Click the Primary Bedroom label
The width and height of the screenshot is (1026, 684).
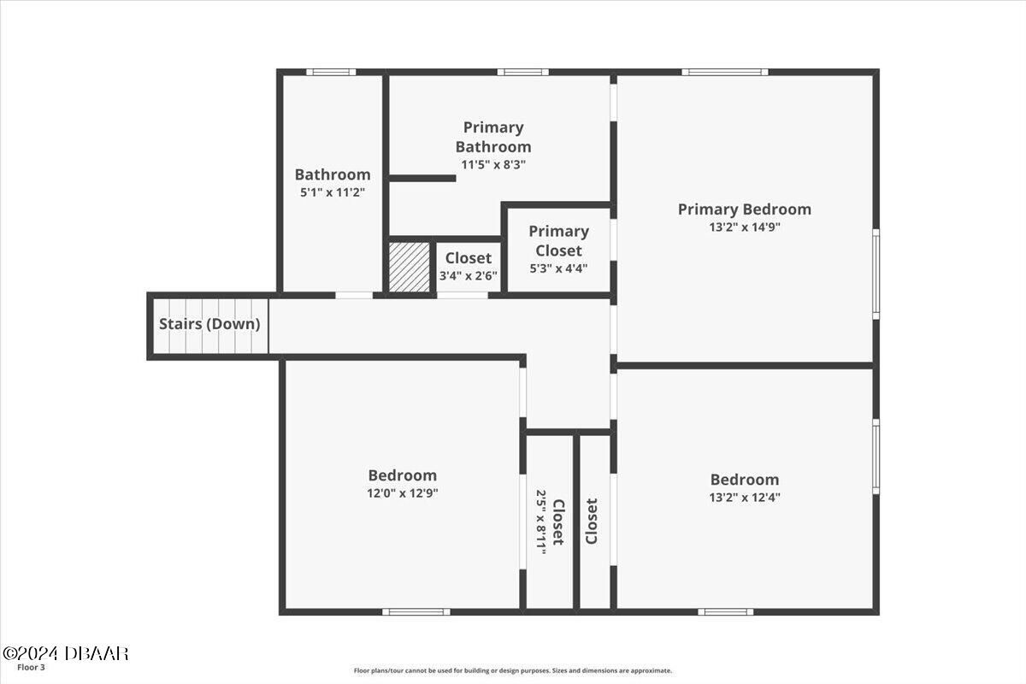(x=744, y=209)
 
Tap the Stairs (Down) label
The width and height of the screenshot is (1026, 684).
(x=209, y=325)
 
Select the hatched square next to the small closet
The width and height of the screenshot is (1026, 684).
(x=410, y=268)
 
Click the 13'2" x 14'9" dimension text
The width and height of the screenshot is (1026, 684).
(x=744, y=228)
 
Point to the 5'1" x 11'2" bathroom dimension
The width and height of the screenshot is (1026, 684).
(x=333, y=193)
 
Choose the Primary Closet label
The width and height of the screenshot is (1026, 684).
(x=558, y=240)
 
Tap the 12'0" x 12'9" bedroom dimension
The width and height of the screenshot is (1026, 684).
(x=403, y=493)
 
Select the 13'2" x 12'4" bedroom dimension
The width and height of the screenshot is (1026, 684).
(x=745, y=497)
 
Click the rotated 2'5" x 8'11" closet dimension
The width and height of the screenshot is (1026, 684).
(x=541, y=522)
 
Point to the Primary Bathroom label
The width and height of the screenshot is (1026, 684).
(x=493, y=137)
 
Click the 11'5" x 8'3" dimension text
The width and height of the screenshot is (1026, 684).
(x=493, y=164)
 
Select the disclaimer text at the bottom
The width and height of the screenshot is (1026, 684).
(x=513, y=671)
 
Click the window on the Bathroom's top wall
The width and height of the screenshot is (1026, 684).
(x=331, y=72)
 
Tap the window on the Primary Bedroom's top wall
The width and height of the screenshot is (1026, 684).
(x=724, y=72)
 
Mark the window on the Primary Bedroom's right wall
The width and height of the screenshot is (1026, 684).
(x=876, y=274)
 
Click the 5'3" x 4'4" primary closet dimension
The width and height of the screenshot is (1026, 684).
(x=558, y=268)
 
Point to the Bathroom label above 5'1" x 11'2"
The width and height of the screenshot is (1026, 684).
(x=333, y=174)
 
